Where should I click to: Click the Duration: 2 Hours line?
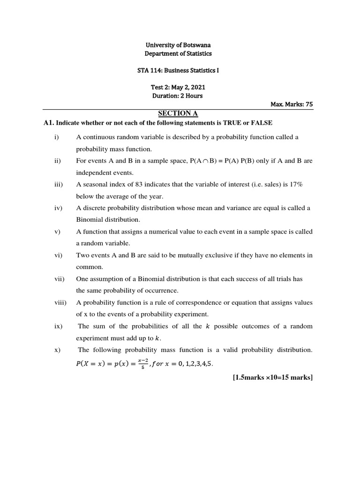click(177, 96)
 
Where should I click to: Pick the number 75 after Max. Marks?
click(309, 105)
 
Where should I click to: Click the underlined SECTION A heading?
click(175, 113)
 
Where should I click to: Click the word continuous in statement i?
click(96, 137)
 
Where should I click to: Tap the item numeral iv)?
click(58, 208)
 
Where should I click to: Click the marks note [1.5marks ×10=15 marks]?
click(272, 377)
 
